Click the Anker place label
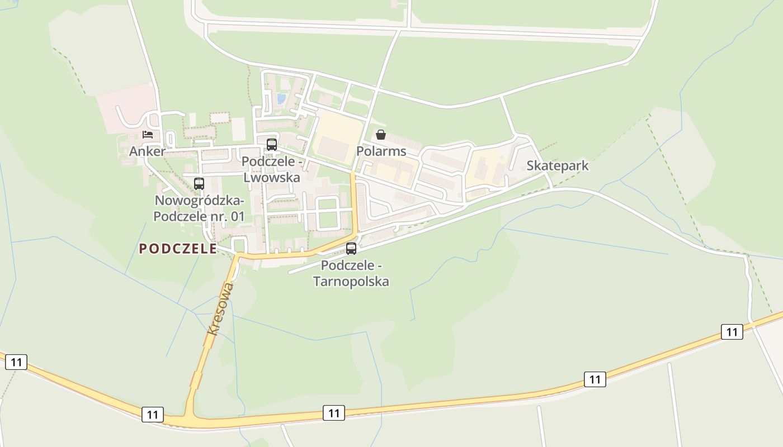click(147, 151)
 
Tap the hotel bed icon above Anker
click(148, 135)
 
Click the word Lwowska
click(272, 178)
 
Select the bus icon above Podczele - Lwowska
click(272, 144)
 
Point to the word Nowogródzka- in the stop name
click(199, 201)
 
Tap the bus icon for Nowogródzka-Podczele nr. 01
click(199, 183)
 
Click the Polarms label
click(381, 151)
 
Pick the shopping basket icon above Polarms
click(381, 135)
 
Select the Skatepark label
click(557, 166)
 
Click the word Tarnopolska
click(351, 281)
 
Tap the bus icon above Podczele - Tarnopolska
click(351, 249)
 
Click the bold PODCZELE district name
click(178, 249)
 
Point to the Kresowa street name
click(220, 308)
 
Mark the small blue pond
click(281, 99)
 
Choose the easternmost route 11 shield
click(732, 332)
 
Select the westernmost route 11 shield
click(16, 362)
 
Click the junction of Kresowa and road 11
click(189, 419)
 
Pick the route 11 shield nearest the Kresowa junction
click(153, 415)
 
